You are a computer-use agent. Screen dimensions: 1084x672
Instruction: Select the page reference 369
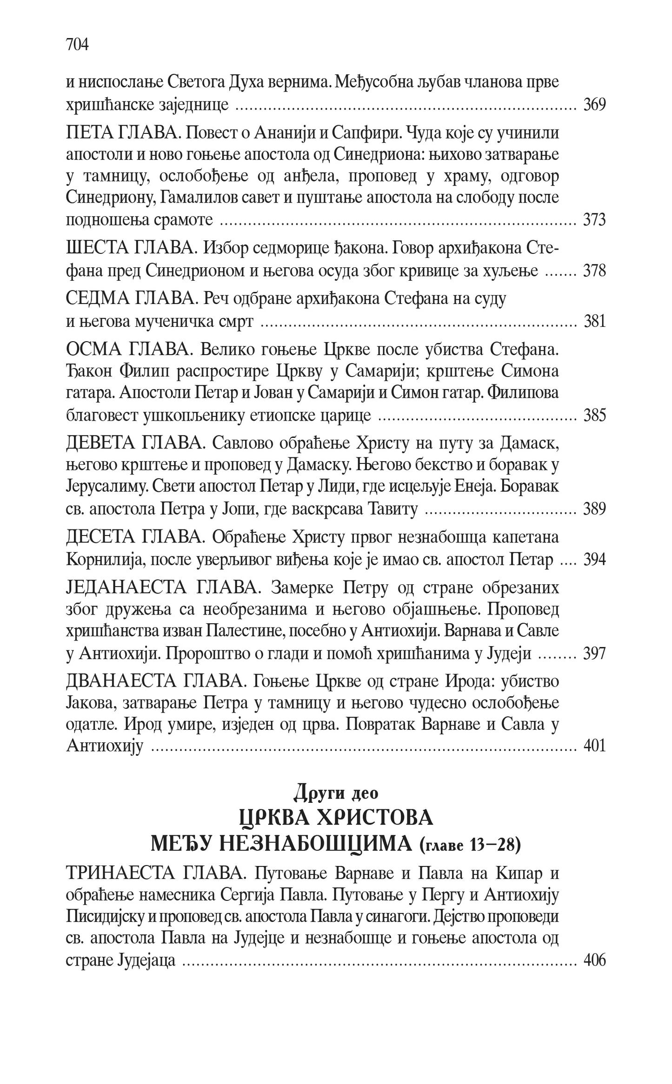(x=594, y=105)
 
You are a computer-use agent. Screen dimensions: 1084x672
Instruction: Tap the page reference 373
(x=594, y=219)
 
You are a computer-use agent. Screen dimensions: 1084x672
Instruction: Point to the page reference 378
(x=594, y=271)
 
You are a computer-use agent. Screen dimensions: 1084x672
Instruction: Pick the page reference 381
(x=594, y=321)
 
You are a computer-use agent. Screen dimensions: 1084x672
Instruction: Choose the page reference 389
(x=594, y=509)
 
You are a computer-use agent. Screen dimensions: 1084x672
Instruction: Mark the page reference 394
(x=594, y=560)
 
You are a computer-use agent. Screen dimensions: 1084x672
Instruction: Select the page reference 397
(x=594, y=654)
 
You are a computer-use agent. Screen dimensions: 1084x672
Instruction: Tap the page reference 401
(x=594, y=746)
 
